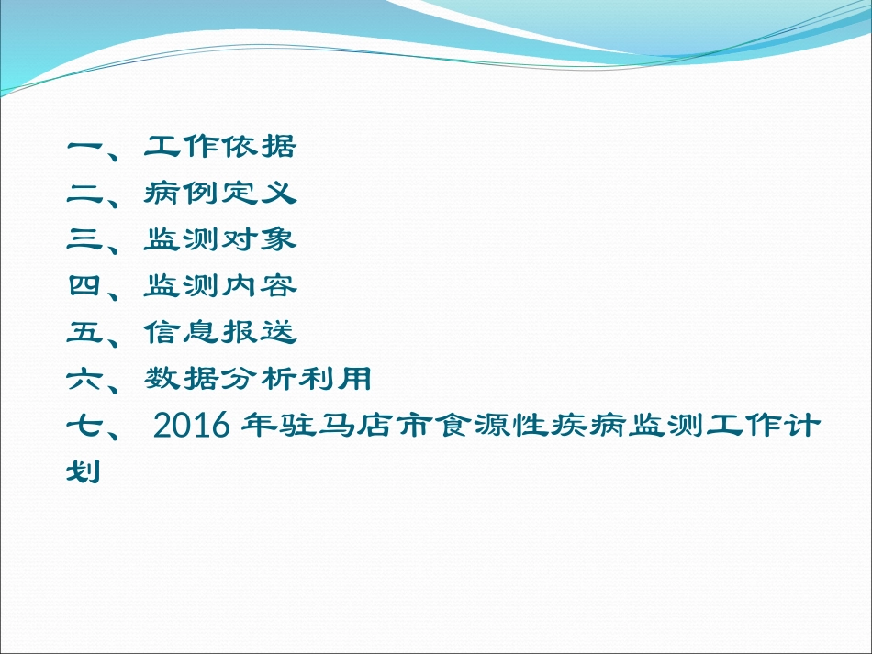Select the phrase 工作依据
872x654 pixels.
[x=220, y=146]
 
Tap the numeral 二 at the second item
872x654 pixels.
[x=84, y=194]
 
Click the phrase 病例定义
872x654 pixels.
[x=220, y=193]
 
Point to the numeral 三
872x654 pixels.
[x=84, y=239]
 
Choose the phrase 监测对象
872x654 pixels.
[x=220, y=239]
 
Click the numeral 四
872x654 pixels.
[x=84, y=285]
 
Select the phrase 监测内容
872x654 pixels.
[x=220, y=285]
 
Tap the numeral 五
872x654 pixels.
[x=84, y=332]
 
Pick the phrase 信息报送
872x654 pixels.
[x=220, y=332]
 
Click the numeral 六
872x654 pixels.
[x=84, y=379]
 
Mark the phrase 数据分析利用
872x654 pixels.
[x=258, y=379]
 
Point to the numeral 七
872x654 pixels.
[x=84, y=426]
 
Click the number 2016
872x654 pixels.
[x=191, y=426]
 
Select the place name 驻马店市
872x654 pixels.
[x=356, y=426]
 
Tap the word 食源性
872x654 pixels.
[x=493, y=426]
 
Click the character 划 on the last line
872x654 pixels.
[x=84, y=472]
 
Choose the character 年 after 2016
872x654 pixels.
[x=259, y=426]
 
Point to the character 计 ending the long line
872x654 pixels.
[x=802, y=426]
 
